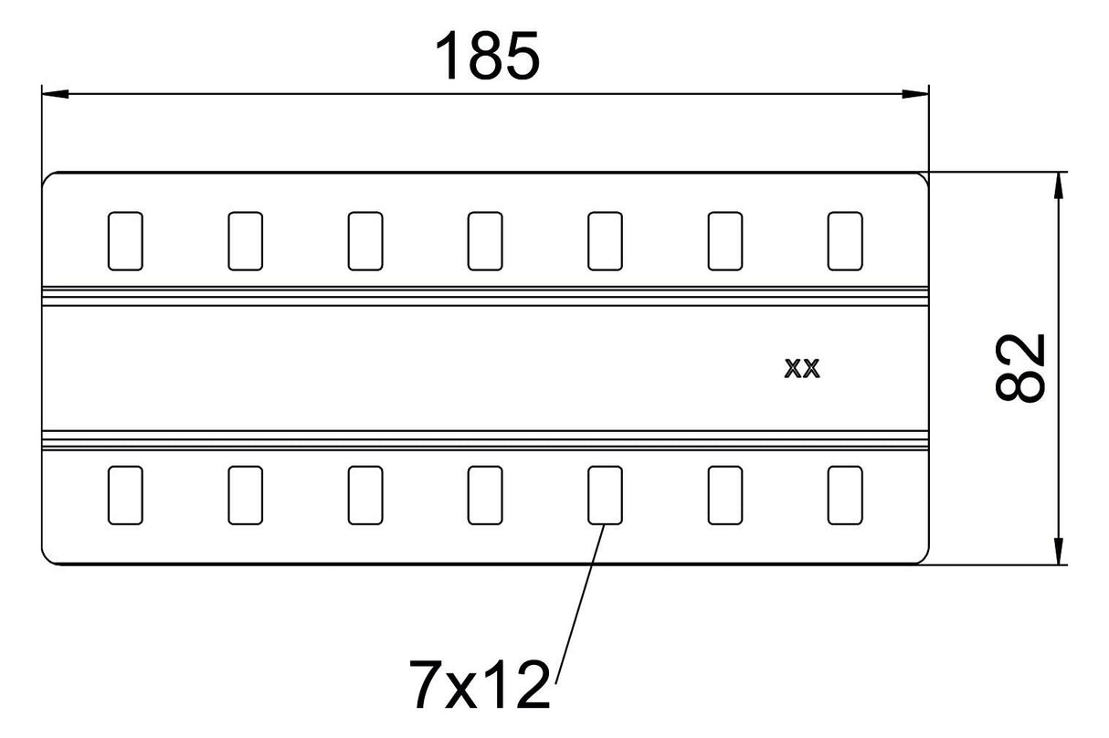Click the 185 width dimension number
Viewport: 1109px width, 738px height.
coord(487,55)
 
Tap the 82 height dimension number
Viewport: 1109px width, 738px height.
coord(1021,367)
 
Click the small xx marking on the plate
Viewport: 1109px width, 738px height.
coord(802,368)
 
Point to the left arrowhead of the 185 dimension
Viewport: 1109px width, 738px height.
coord(55,93)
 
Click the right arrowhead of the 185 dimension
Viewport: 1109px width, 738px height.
coord(915,93)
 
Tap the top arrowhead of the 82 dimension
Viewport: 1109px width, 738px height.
coord(1059,185)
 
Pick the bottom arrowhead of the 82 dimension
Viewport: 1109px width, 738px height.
coord(1059,551)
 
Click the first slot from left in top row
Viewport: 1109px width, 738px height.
coord(125,241)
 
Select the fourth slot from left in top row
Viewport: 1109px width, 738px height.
coord(485,241)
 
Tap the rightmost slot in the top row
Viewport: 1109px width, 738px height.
coord(845,241)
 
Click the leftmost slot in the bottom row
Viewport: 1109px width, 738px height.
coord(125,495)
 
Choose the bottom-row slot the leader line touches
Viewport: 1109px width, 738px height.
coord(605,495)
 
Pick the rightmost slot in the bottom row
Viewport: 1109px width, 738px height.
coord(845,495)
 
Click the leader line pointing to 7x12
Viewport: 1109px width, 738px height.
coord(580,604)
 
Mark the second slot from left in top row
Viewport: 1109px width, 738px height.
coord(246,241)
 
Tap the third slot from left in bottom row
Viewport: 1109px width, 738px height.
coord(365,495)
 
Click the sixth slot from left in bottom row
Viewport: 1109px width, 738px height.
coord(725,495)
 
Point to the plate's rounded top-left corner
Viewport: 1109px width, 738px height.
coord(47,177)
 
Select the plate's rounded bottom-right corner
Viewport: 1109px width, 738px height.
coord(924,559)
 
